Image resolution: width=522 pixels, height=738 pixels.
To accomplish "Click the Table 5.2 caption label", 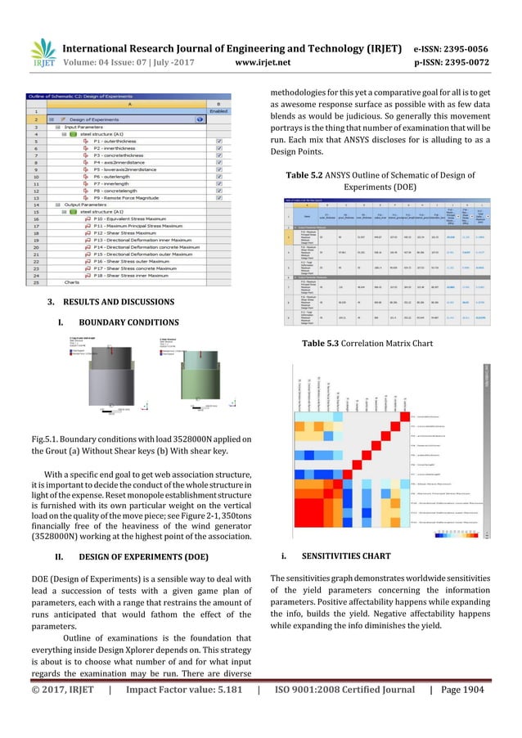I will pyautogui.click(x=308, y=174).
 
